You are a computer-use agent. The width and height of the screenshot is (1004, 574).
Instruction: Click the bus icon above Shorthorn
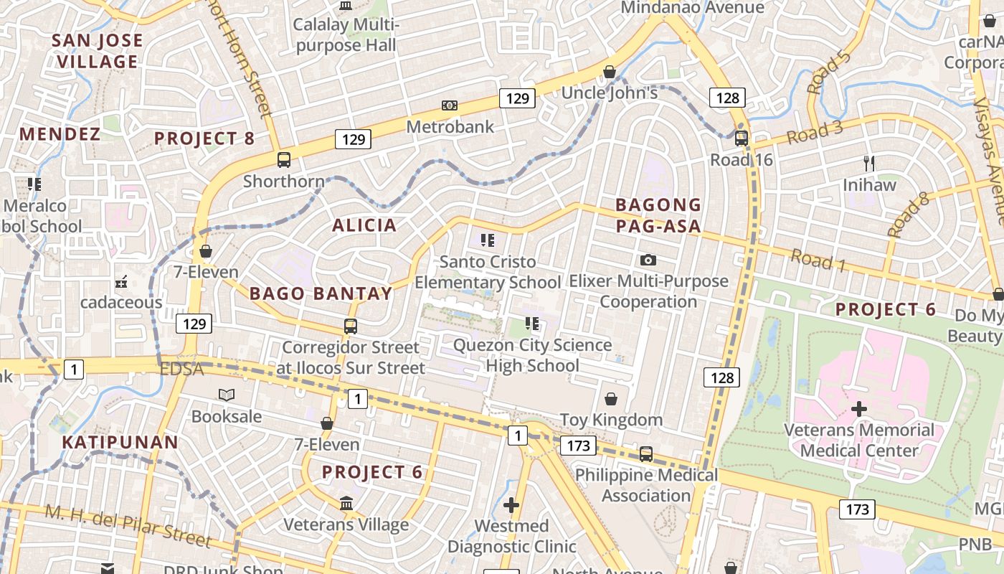(x=284, y=159)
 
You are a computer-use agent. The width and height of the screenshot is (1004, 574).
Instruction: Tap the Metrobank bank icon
(x=450, y=105)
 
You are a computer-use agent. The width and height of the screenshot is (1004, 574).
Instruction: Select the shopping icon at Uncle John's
(x=610, y=72)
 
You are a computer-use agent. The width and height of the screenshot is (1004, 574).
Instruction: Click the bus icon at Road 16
(x=742, y=138)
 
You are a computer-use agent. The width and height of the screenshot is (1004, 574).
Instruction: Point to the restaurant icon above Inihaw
(x=870, y=163)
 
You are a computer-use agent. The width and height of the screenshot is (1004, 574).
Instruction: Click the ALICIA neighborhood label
(x=364, y=225)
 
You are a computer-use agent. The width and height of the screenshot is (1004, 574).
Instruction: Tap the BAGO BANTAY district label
(x=321, y=293)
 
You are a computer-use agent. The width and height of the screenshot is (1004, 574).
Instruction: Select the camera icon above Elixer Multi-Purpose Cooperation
(x=648, y=260)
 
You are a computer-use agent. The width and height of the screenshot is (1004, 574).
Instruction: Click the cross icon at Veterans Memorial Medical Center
(x=858, y=409)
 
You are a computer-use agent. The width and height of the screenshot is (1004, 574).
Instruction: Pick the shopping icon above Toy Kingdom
(x=611, y=398)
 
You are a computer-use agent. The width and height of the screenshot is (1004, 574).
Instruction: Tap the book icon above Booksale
(x=227, y=395)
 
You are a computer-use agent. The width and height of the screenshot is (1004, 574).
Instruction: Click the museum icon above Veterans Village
(x=346, y=503)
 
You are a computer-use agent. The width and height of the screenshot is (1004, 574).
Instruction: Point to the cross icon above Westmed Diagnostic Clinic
(x=511, y=505)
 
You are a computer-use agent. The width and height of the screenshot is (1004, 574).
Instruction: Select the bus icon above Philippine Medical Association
(x=646, y=453)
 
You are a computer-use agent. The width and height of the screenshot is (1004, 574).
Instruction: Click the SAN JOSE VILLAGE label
(x=98, y=51)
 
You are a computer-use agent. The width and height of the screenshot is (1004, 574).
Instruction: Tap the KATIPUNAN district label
(x=120, y=442)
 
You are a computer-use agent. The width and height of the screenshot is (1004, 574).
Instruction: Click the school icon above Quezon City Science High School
(x=531, y=324)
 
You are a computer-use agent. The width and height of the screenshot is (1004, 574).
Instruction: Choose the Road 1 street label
(x=818, y=260)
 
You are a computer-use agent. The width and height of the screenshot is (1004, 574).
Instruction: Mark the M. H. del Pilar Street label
(x=128, y=525)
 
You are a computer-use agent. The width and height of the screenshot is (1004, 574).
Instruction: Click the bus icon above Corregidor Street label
(x=351, y=326)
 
